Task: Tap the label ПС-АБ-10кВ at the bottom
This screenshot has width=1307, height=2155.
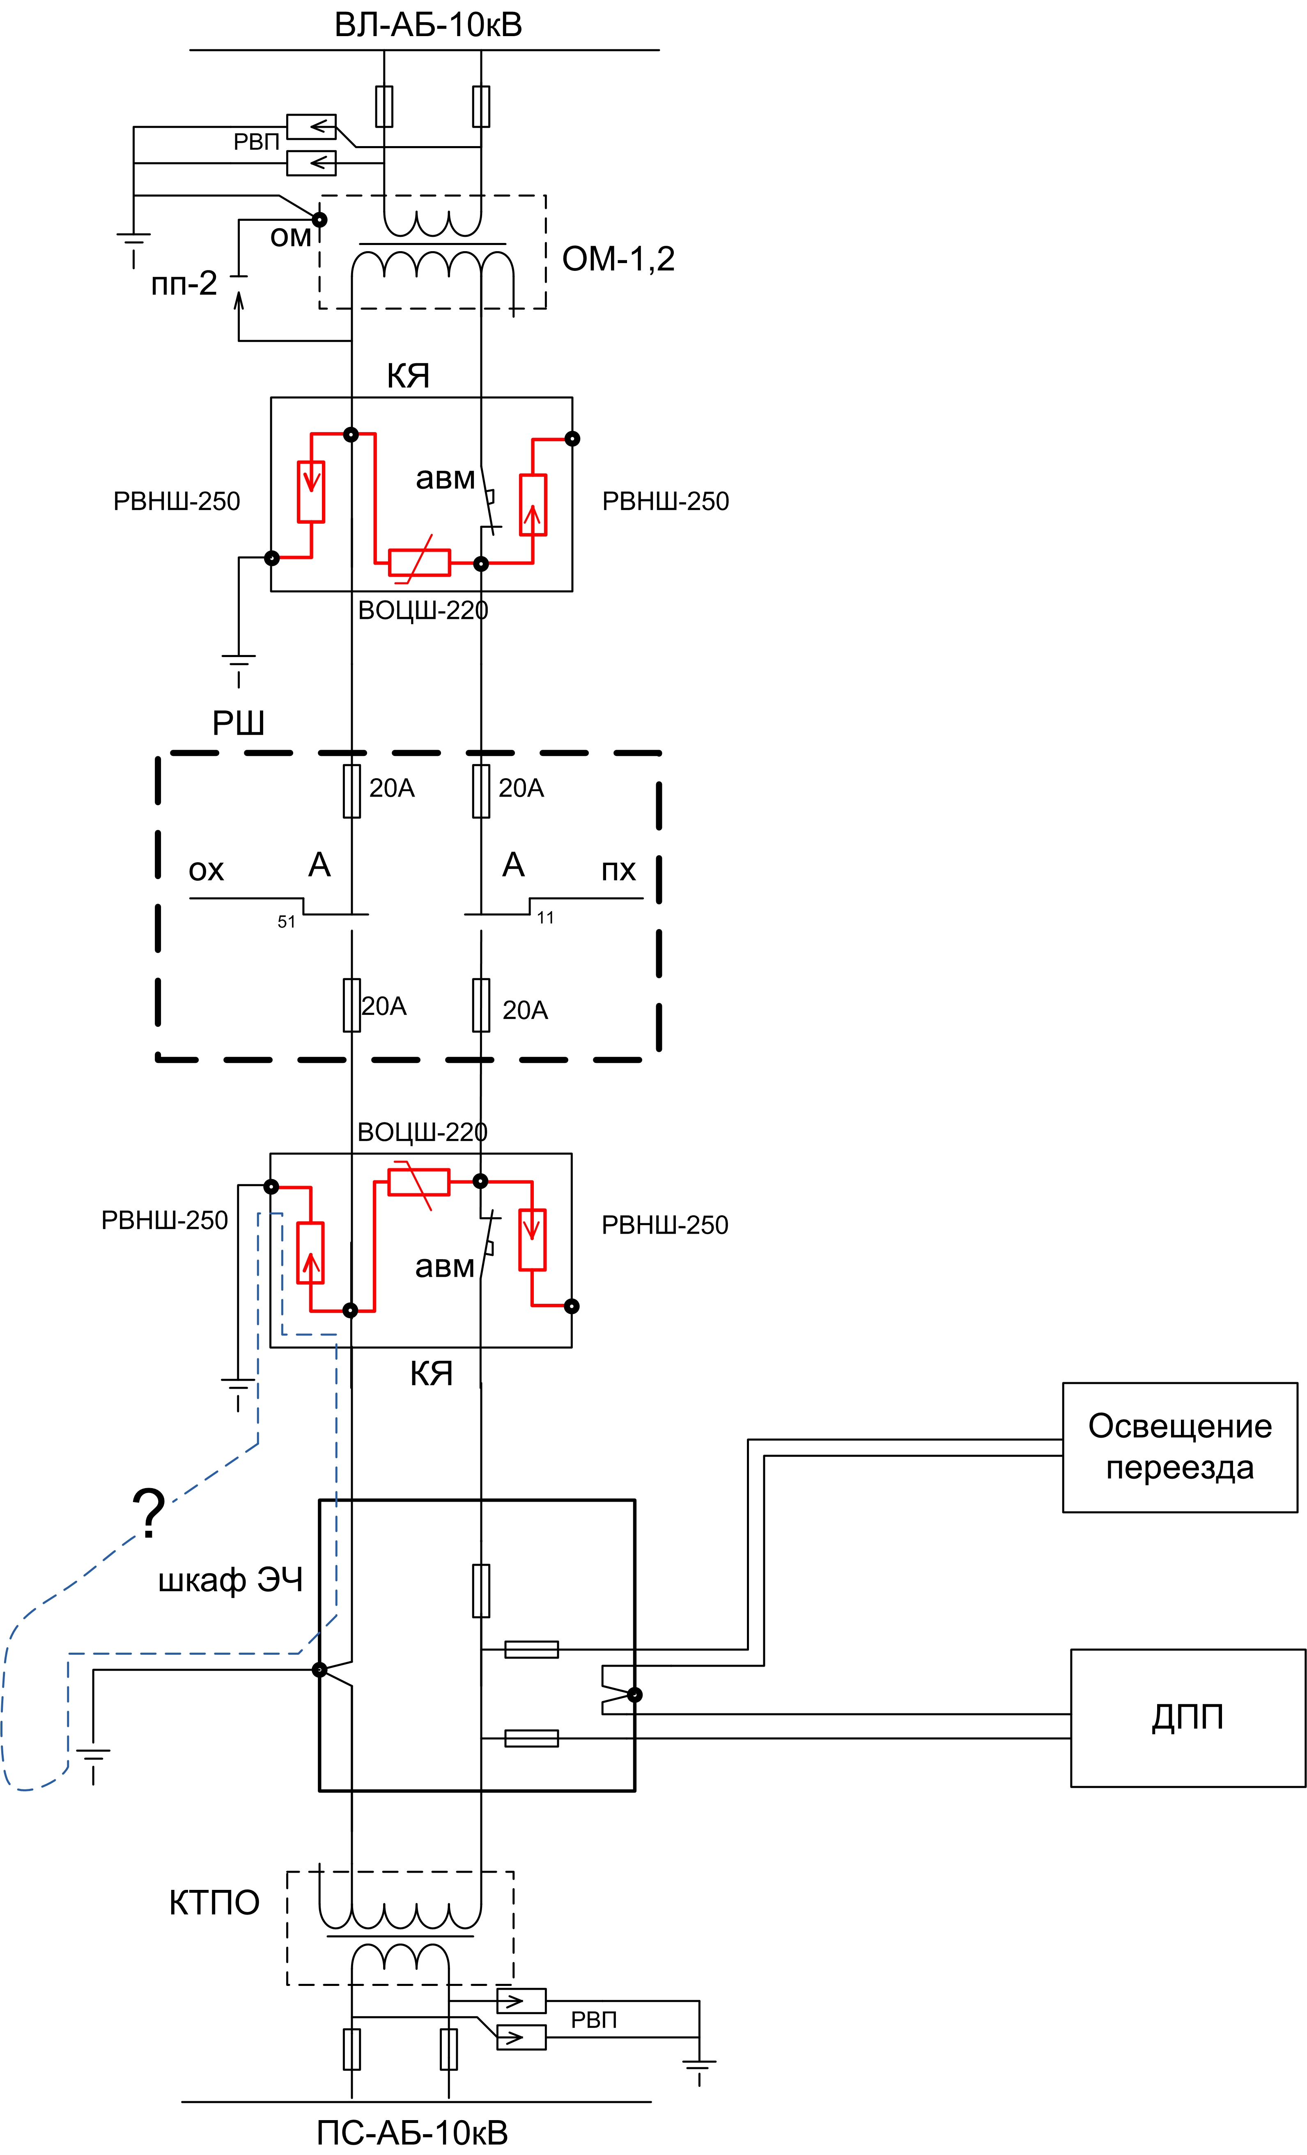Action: [412, 2132]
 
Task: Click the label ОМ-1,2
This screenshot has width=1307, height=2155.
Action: [618, 259]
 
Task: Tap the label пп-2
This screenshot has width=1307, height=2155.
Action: [184, 283]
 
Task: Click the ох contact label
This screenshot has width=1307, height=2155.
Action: [207, 870]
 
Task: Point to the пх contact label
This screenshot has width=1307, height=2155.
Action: [618, 870]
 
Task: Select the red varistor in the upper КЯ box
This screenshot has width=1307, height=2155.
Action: [419, 561]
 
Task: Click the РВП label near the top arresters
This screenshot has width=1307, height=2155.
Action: [255, 142]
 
